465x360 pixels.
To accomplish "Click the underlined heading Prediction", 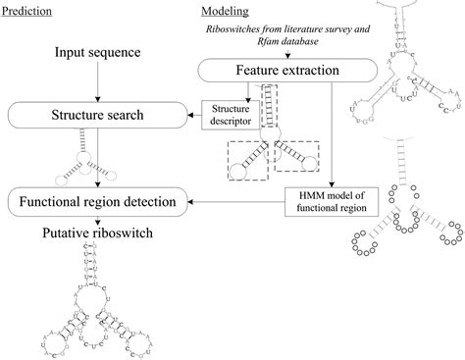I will point(27,11).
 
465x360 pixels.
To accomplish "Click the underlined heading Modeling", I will point(225,11).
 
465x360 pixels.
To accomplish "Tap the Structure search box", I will point(96,116).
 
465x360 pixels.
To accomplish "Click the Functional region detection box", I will point(96,203).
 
